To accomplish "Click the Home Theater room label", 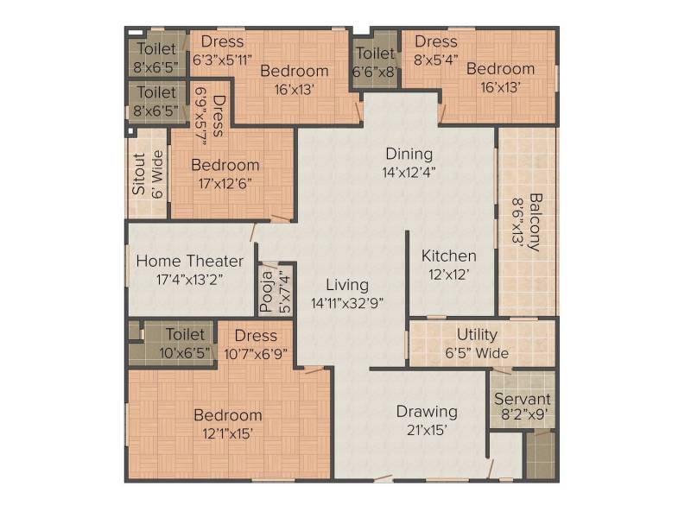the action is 189,261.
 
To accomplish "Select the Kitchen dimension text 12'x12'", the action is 448,275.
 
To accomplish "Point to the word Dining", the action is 409,154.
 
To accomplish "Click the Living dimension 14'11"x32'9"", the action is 347,304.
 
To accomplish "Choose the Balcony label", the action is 535,222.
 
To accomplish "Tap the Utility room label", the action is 478,335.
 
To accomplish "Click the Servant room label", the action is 523,399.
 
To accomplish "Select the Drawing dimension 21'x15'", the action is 427,430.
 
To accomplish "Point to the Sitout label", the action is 138,174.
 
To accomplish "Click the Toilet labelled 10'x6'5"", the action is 185,334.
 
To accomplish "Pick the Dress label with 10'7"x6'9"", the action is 256,336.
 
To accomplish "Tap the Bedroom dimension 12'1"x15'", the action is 227,434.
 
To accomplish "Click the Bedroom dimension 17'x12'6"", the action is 225,183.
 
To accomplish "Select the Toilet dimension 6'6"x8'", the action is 375,72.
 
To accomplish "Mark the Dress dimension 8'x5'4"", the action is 436,60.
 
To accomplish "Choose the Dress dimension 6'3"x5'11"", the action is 222,60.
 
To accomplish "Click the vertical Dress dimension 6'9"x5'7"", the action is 201,116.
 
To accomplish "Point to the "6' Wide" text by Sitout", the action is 157,174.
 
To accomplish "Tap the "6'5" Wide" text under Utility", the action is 477,353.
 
